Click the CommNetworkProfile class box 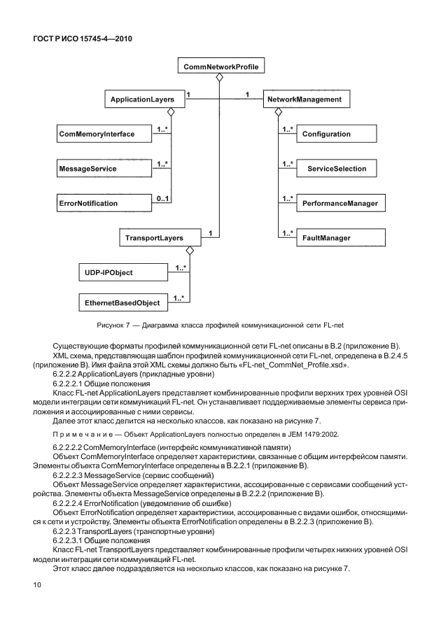tap(219, 67)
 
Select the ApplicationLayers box tap(142, 101)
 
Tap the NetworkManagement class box tap(304, 101)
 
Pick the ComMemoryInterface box tap(96, 133)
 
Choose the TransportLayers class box tap(153, 238)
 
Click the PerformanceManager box tap(340, 204)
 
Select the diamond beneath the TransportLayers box tap(188, 251)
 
